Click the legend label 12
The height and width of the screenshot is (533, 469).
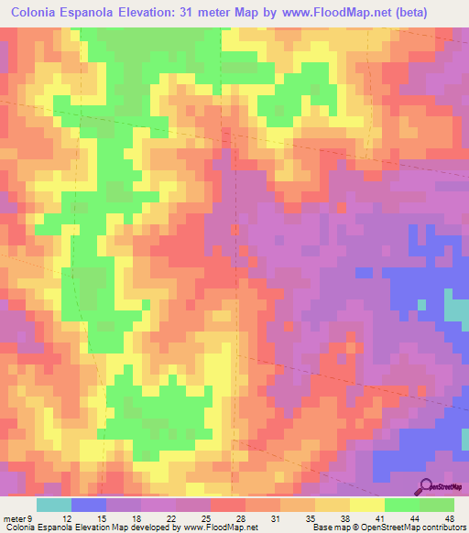tap(67, 519)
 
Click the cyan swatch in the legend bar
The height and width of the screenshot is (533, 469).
tap(54, 505)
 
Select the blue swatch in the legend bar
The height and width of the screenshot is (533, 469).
tap(89, 505)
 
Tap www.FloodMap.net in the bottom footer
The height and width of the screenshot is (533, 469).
tap(221, 528)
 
